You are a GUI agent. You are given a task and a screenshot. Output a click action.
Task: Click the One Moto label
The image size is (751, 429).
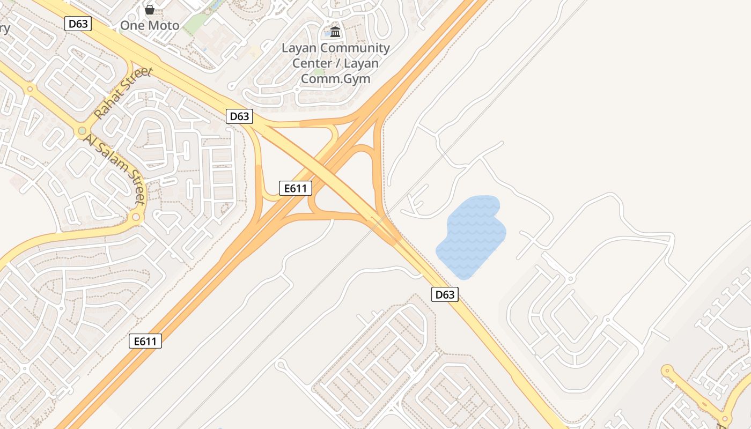click(149, 25)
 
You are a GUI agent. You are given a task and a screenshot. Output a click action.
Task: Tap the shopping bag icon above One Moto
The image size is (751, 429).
click(150, 10)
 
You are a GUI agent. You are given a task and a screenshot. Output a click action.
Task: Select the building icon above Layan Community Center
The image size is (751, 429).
click(335, 32)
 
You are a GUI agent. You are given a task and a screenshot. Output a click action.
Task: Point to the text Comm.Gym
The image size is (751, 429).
click(335, 78)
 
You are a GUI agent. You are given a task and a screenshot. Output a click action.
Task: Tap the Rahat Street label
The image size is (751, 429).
click(123, 93)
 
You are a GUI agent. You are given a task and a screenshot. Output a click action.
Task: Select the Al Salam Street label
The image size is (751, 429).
click(115, 169)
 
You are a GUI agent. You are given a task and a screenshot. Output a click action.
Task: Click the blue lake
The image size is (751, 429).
click(471, 236)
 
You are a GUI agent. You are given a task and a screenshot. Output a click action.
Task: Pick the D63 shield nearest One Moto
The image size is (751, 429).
click(78, 24)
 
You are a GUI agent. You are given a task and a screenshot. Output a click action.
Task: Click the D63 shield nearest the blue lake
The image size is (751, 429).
click(445, 294)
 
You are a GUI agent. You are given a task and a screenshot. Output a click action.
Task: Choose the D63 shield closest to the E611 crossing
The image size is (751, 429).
click(239, 116)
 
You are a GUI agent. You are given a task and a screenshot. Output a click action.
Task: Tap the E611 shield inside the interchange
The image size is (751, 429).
click(296, 188)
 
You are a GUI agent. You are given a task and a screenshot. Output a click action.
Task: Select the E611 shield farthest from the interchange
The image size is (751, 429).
click(145, 341)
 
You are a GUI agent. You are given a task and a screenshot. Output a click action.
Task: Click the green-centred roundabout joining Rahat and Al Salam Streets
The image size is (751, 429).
click(82, 131)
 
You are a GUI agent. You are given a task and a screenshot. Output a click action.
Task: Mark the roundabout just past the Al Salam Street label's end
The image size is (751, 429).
click(136, 217)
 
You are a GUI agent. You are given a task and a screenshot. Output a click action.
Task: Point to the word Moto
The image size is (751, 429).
click(164, 25)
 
